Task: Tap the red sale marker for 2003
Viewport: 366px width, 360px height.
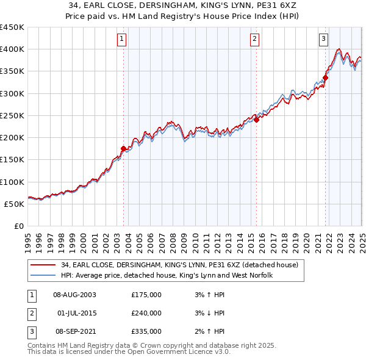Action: [123, 148]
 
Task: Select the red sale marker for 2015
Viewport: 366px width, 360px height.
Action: [256, 120]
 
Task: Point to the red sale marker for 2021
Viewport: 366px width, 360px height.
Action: [326, 77]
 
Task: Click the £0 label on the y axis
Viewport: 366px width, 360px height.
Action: [18, 226]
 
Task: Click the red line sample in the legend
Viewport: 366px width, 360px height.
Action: [43, 265]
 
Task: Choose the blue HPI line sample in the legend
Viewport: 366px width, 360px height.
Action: [43, 275]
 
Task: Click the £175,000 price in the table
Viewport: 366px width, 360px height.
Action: [146, 295]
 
